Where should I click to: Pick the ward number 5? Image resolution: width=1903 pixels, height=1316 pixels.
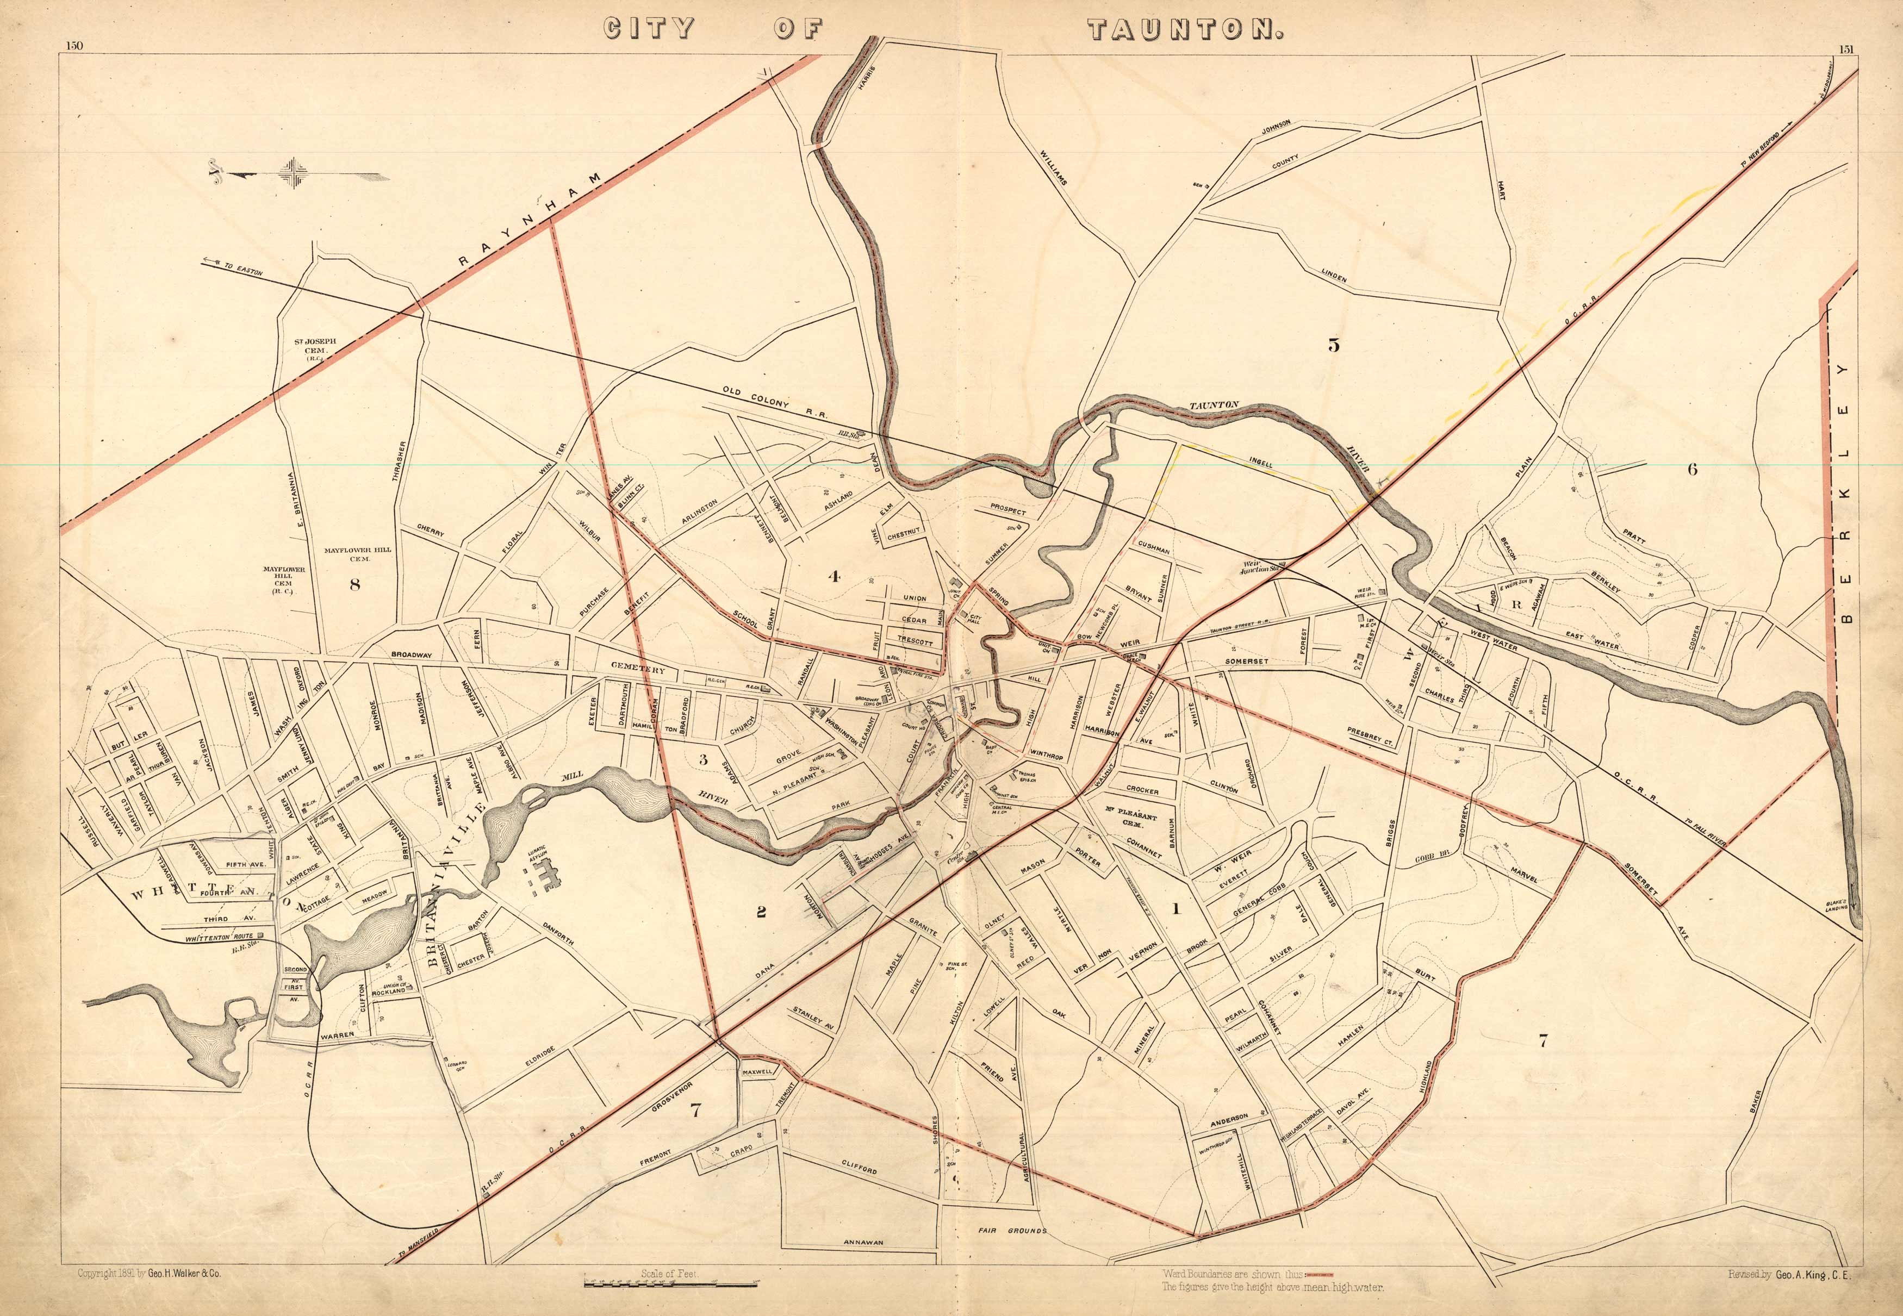click(1333, 345)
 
